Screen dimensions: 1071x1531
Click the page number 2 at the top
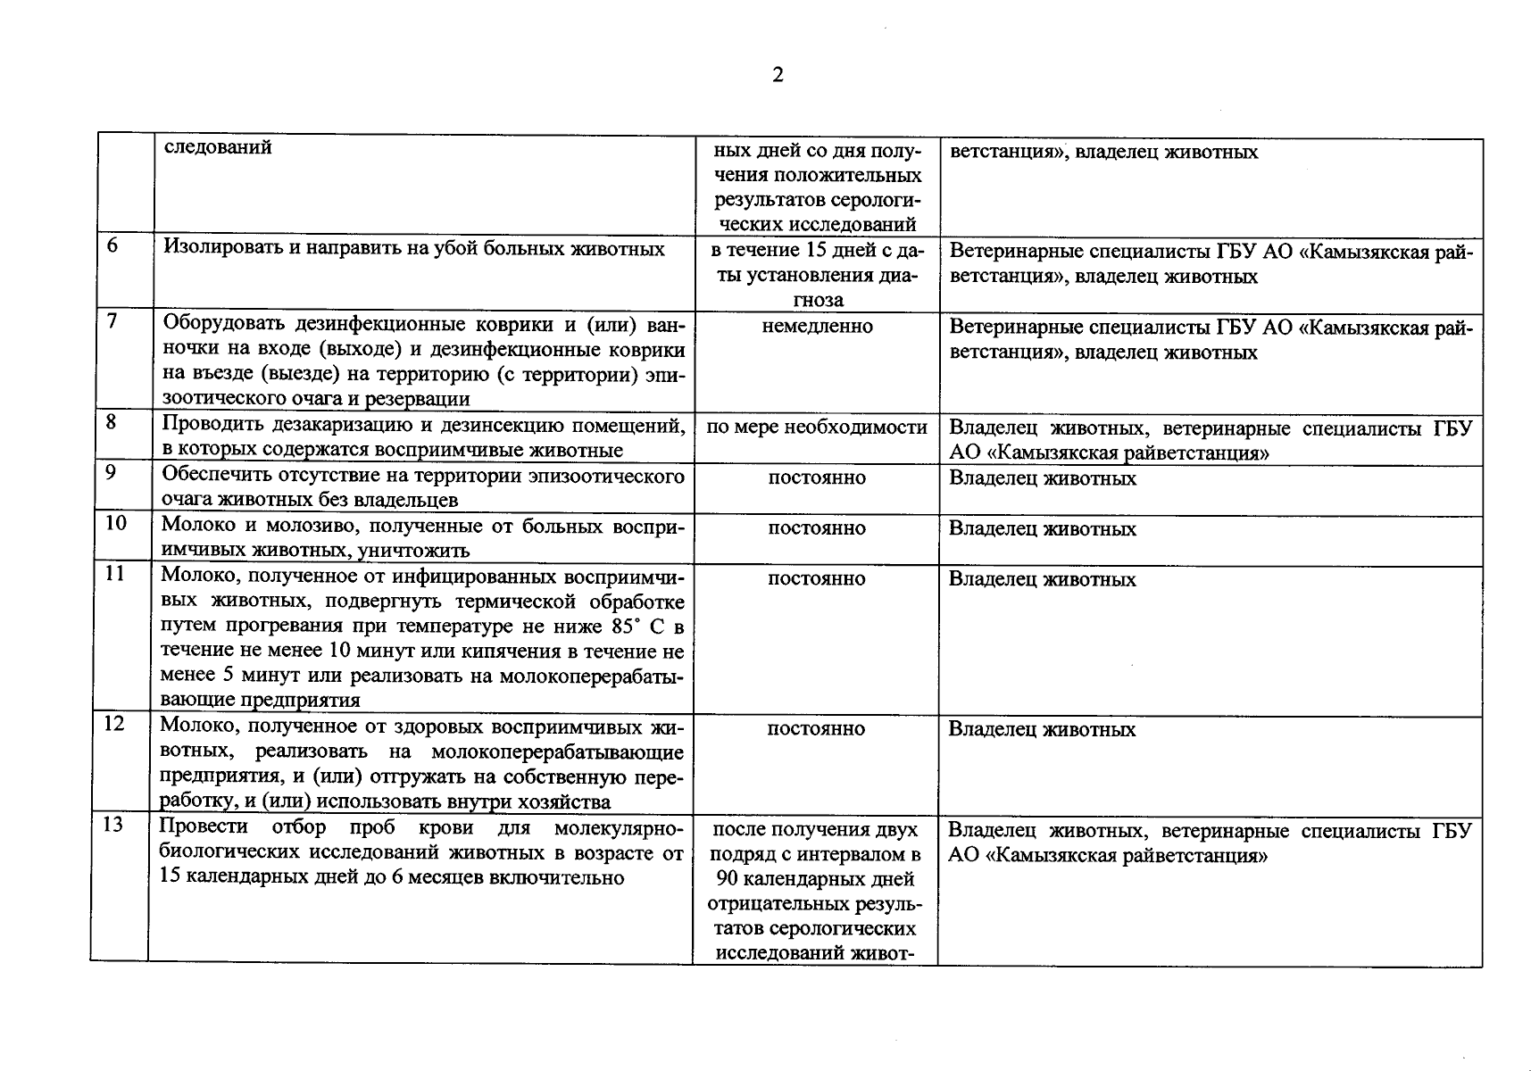click(777, 75)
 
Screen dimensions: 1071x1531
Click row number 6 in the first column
click(112, 245)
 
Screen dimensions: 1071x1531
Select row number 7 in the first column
click(112, 320)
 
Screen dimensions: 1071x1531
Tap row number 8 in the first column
click(111, 421)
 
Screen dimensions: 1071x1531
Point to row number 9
click(111, 472)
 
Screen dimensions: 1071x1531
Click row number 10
click(116, 522)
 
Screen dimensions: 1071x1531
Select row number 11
click(115, 573)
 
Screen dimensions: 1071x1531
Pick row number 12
click(115, 723)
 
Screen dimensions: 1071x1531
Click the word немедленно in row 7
click(817, 327)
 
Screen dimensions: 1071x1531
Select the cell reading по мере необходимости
click(816, 428)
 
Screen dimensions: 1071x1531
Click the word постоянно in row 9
click(816, 478)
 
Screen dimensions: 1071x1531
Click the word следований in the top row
click(218, 147)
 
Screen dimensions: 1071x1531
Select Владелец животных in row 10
click(1042, 529)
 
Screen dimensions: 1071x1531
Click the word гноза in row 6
click(817, 301)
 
